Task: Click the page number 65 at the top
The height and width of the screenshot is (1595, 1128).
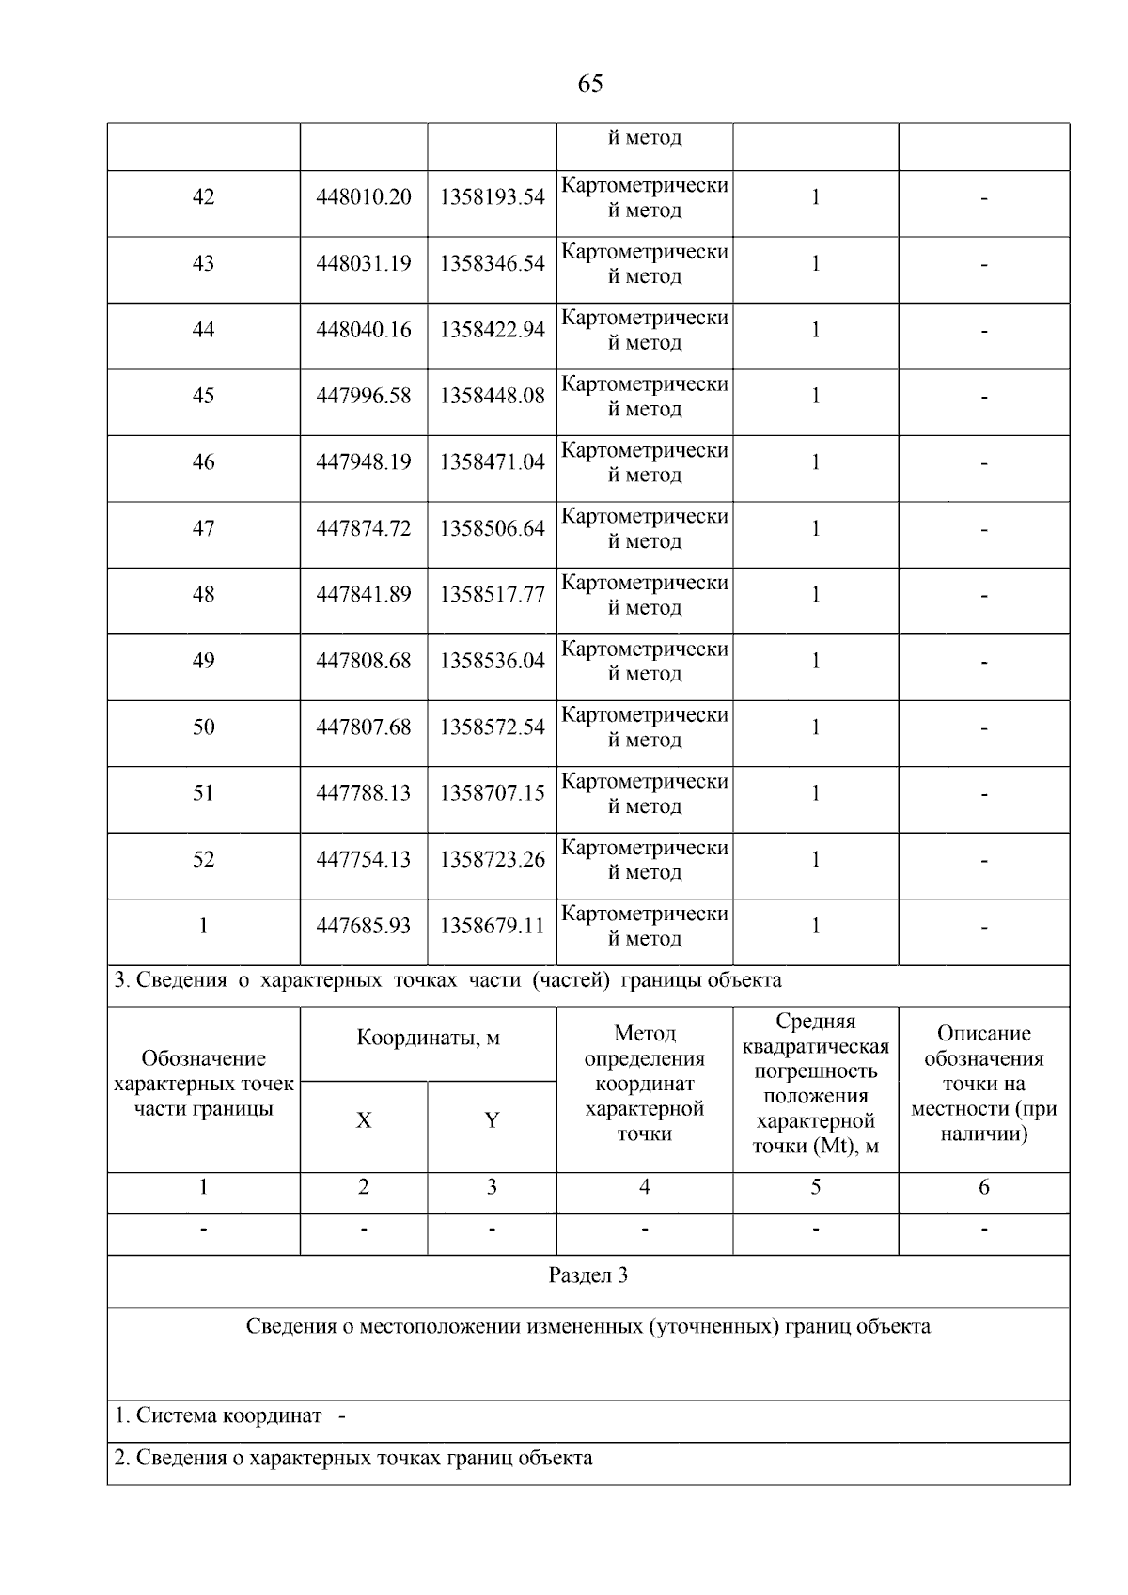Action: tap(589, 85)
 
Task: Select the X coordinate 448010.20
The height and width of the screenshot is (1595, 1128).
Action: tap(364, 197)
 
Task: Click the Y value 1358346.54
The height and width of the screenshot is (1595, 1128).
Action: tap(492, 263)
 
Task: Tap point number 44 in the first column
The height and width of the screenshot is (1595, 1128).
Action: tap(203, 330)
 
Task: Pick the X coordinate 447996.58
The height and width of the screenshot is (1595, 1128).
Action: tap(364, 396)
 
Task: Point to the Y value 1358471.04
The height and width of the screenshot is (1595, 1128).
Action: tap(492, 462)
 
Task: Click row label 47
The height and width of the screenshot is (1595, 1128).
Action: tap(203, 528)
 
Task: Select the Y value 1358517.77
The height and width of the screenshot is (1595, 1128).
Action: tap(492, 595)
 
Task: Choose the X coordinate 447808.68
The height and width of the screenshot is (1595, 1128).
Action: tap(364, 661)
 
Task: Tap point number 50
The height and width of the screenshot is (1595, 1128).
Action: tap(203, 727)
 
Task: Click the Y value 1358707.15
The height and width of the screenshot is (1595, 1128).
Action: tap(492, 793)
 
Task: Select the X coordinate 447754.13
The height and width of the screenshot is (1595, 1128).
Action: tap(364, 860)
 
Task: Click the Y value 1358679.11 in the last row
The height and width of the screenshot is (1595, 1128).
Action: tap(492, 926)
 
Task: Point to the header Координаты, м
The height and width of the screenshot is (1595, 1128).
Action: tap(428, 1039)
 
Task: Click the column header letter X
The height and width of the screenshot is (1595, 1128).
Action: tap(364, 1120)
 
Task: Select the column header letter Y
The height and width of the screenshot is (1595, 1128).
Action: tap(492, 1120)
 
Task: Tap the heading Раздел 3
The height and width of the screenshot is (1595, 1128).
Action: tap(588, 1275)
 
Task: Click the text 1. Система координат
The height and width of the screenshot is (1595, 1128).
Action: tap(218, 1415)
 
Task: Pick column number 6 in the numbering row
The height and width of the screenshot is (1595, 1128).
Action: tap(983, 1187)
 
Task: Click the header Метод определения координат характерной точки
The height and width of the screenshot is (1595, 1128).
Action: tap(645, 1084)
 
